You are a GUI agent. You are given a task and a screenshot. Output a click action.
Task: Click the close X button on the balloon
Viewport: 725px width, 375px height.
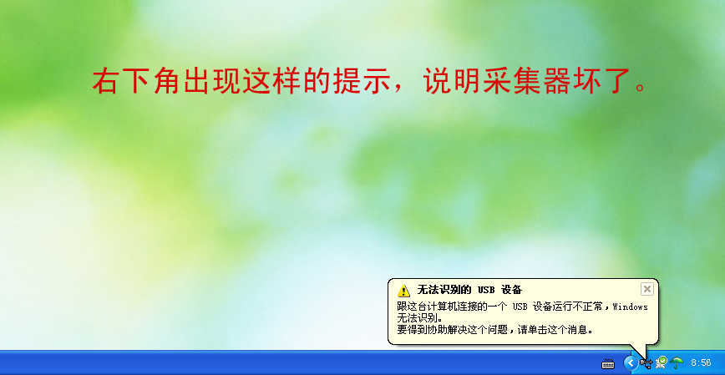coord(646,289)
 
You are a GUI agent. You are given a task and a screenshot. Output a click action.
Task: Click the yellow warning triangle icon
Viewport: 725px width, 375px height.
coord(403,291)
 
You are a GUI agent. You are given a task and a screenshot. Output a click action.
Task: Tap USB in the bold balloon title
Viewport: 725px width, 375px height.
coord(486,290)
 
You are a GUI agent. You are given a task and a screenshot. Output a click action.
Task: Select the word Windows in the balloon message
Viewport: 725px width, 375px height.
coord(630,307)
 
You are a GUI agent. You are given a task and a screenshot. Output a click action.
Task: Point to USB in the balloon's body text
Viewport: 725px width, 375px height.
coord(520,307)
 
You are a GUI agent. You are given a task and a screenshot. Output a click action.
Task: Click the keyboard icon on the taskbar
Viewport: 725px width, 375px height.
coord(608,363)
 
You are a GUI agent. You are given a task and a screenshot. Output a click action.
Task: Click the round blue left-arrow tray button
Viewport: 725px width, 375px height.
coord(631,362)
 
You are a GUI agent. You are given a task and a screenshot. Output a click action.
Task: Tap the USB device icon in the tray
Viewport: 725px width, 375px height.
coord(646,363)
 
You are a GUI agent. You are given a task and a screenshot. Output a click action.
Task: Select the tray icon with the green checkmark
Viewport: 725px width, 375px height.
coord(662,362)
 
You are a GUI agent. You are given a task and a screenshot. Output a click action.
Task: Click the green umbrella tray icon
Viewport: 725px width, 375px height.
coord(677,362)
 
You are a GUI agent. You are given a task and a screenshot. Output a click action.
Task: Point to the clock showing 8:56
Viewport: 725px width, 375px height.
coord(701,363)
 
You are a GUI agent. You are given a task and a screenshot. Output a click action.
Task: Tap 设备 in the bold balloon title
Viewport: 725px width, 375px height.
coord(511,290)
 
